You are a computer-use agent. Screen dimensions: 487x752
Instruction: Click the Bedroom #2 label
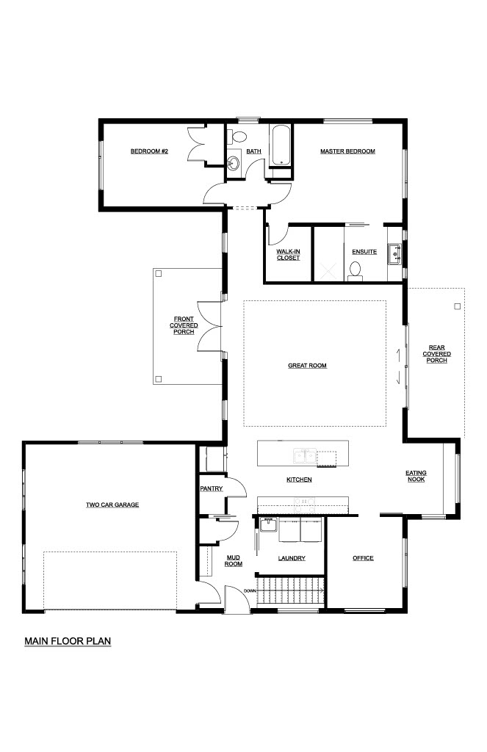149,151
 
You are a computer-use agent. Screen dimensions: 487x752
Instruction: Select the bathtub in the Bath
280,145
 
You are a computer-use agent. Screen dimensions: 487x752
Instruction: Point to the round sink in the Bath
234,164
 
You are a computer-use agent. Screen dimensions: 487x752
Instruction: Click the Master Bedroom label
348,151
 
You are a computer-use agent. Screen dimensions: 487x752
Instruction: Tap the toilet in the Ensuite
356,270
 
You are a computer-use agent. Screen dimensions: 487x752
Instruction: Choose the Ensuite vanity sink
395,253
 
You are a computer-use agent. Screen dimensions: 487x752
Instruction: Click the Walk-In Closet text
289,255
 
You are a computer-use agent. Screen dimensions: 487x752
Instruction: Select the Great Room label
308,366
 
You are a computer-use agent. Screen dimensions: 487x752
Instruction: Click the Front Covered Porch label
184,325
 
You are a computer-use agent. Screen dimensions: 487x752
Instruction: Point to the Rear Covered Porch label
436,354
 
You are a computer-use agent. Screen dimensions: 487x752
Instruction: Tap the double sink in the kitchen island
305,455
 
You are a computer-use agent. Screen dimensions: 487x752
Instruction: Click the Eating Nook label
416,476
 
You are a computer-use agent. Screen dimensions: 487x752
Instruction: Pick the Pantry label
212,488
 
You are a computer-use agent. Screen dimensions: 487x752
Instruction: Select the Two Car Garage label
112,505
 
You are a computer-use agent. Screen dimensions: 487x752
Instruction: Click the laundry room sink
268,524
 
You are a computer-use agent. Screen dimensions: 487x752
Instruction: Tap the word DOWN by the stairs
250,591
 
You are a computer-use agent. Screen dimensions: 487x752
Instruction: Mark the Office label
363,558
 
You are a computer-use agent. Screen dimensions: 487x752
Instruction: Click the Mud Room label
234,560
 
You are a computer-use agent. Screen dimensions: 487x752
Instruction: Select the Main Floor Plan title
68,641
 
